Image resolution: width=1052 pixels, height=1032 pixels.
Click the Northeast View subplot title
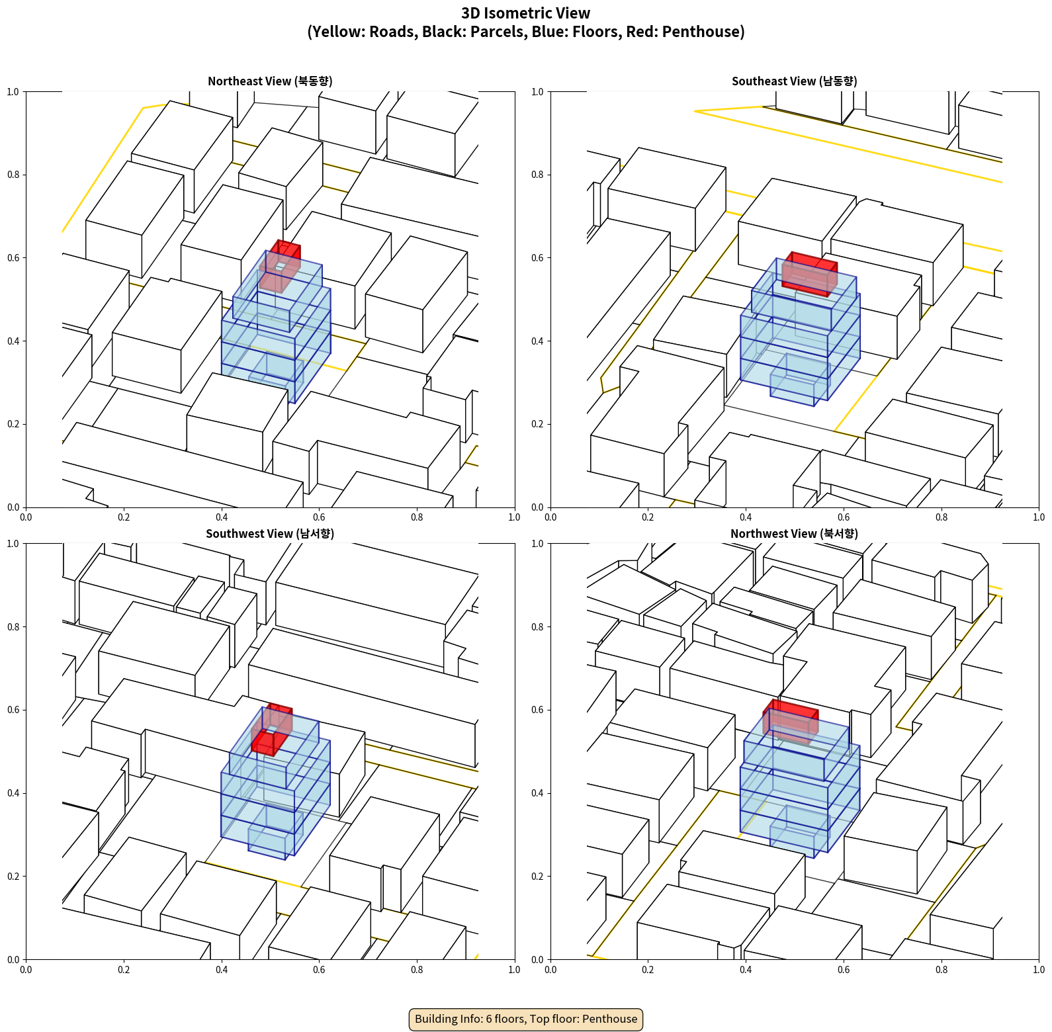coord(270,81)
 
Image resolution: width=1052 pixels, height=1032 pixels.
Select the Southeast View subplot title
coord(794,81)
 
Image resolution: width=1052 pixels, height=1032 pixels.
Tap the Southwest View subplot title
coord(270,534)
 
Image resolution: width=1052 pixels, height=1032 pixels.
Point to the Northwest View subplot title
coord(794,534)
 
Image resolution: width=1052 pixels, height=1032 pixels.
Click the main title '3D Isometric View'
coord(525,13)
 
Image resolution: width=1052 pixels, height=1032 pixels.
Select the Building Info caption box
coord(525,1019)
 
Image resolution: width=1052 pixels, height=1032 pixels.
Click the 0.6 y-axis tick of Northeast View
coord(13,258)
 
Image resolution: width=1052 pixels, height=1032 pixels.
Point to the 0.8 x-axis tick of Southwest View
coord(417,970)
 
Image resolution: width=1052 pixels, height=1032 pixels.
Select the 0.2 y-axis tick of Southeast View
coord(537,424)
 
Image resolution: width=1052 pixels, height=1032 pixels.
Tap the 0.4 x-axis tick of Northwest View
coord(746,970)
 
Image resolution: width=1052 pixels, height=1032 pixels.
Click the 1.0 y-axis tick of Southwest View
coord(13,544)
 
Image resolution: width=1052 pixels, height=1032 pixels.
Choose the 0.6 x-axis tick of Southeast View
coord(844,517)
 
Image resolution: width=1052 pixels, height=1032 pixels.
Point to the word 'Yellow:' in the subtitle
coord(337,32)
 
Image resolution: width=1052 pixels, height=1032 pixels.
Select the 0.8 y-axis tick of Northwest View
coord(537,627)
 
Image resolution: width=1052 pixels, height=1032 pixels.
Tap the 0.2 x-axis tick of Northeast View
coord(124,517)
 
